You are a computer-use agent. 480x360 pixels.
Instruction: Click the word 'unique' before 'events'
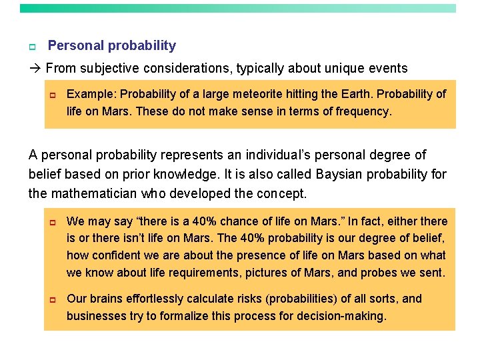[x=353, y=69]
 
